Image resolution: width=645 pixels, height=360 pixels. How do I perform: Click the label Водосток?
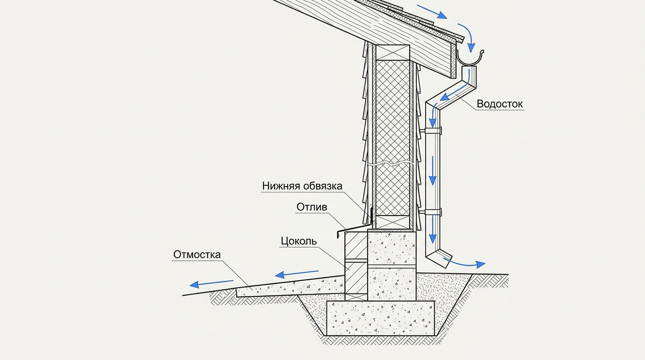[500, 104]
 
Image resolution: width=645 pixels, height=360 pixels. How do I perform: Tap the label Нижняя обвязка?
[302, 186]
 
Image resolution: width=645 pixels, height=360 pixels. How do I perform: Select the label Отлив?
[312, 207]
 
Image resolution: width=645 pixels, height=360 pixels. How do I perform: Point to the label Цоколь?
[299, 241]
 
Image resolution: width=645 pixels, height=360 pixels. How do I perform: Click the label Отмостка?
[197, 255]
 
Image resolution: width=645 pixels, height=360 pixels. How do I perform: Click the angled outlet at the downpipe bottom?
[439, 259]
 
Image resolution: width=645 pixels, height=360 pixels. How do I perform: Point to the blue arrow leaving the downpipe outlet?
[464, 263]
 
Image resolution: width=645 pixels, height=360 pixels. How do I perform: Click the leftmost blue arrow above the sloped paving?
[211, 283]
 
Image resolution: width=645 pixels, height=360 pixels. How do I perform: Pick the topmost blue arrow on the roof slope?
[432, 12]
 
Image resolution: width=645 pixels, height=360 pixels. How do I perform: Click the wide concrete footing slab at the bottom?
[380, 318]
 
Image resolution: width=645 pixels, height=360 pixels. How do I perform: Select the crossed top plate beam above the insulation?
[393, 52]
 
